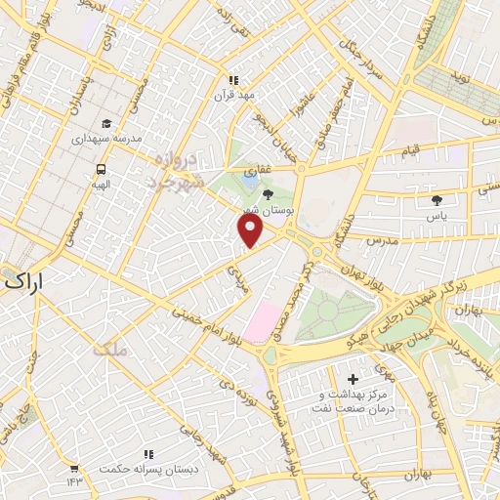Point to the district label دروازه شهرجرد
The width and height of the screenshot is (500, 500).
click(x=176, y=170)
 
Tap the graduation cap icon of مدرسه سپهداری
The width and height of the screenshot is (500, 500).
click(x=104, y=123)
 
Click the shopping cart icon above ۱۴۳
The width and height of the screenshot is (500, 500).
click(x=74, y=467)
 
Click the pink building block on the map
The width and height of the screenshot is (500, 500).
click(x=261, y=322)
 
